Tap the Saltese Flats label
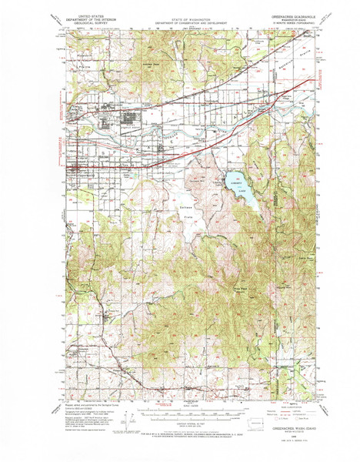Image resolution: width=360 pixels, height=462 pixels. point(186,214)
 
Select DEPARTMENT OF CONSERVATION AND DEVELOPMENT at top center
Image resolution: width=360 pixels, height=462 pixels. point(180,22)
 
